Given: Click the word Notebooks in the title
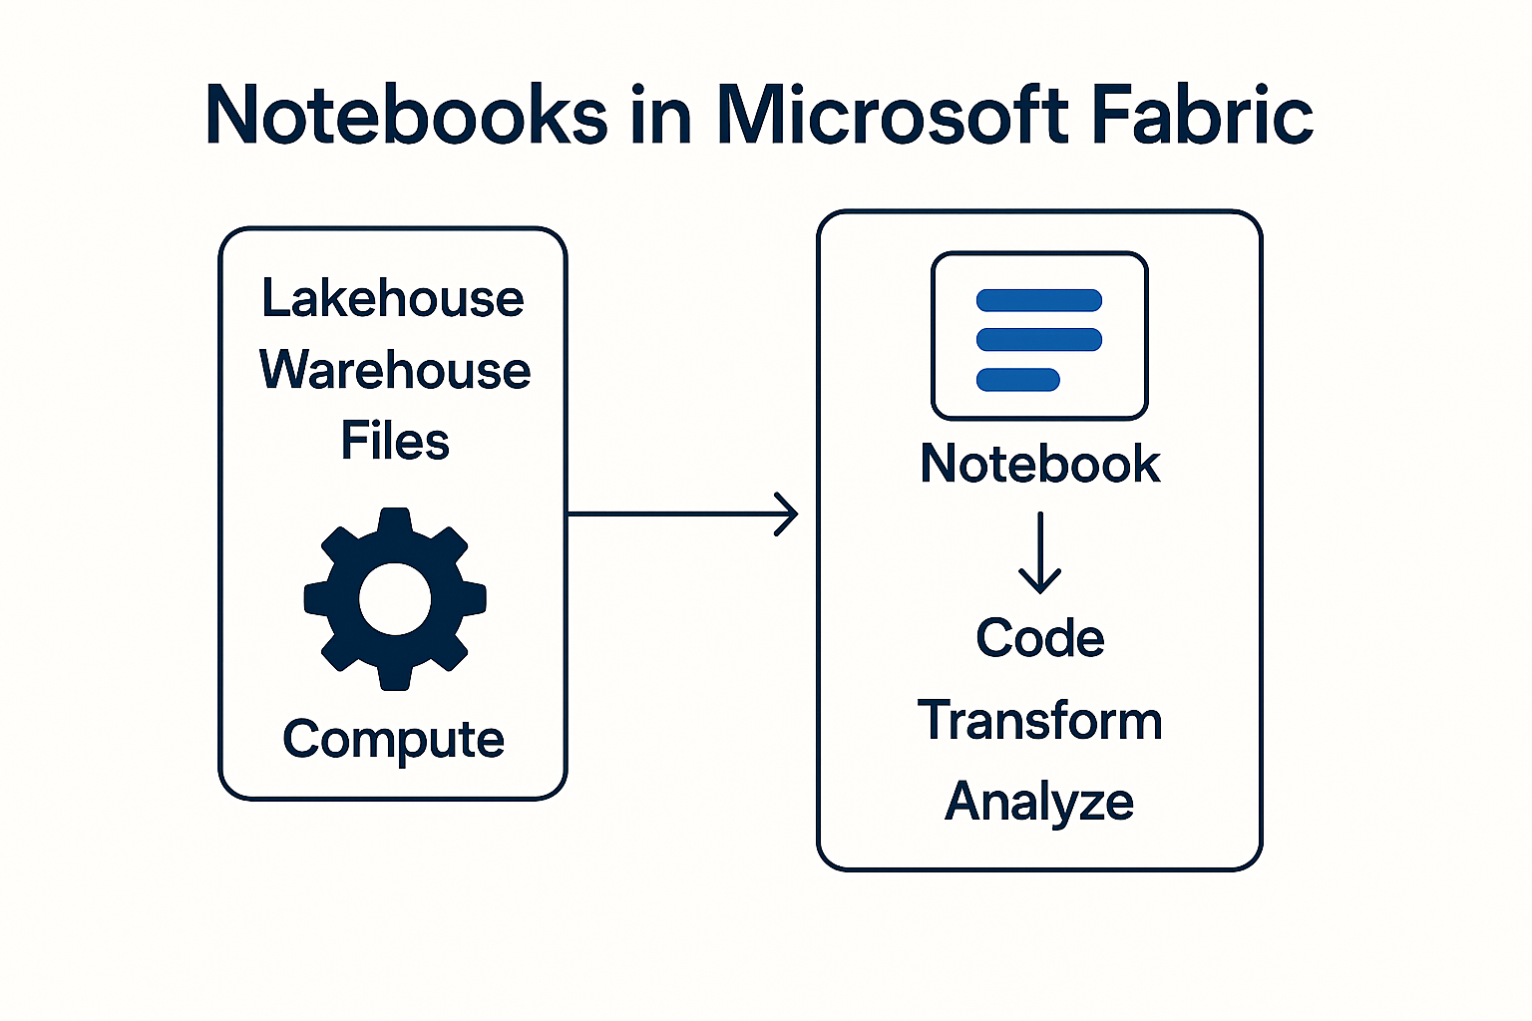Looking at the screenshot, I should [406, 115].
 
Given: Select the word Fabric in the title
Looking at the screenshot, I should [1202, 115].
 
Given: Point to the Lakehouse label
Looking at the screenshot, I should [393, 298].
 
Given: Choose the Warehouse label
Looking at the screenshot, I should [395, 370].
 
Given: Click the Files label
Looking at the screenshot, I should [395, 441].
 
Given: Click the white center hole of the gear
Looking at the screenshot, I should [395, 599].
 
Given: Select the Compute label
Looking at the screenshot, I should [393, 740].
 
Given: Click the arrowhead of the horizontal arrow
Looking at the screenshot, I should [790, 514].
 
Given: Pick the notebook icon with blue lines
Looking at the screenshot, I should [1039, 336].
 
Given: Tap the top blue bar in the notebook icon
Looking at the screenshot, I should [1039, 300].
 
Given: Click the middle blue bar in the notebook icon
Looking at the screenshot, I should [1039, 339].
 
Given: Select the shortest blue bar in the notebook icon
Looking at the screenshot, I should [1018, 379].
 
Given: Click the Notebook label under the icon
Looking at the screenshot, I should [1040, 464].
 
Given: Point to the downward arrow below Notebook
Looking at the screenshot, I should [1040, 553].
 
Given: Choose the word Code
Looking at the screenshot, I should [1040, 638].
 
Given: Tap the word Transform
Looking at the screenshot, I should [1040, 720].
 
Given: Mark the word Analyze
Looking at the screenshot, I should [1039, 802].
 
